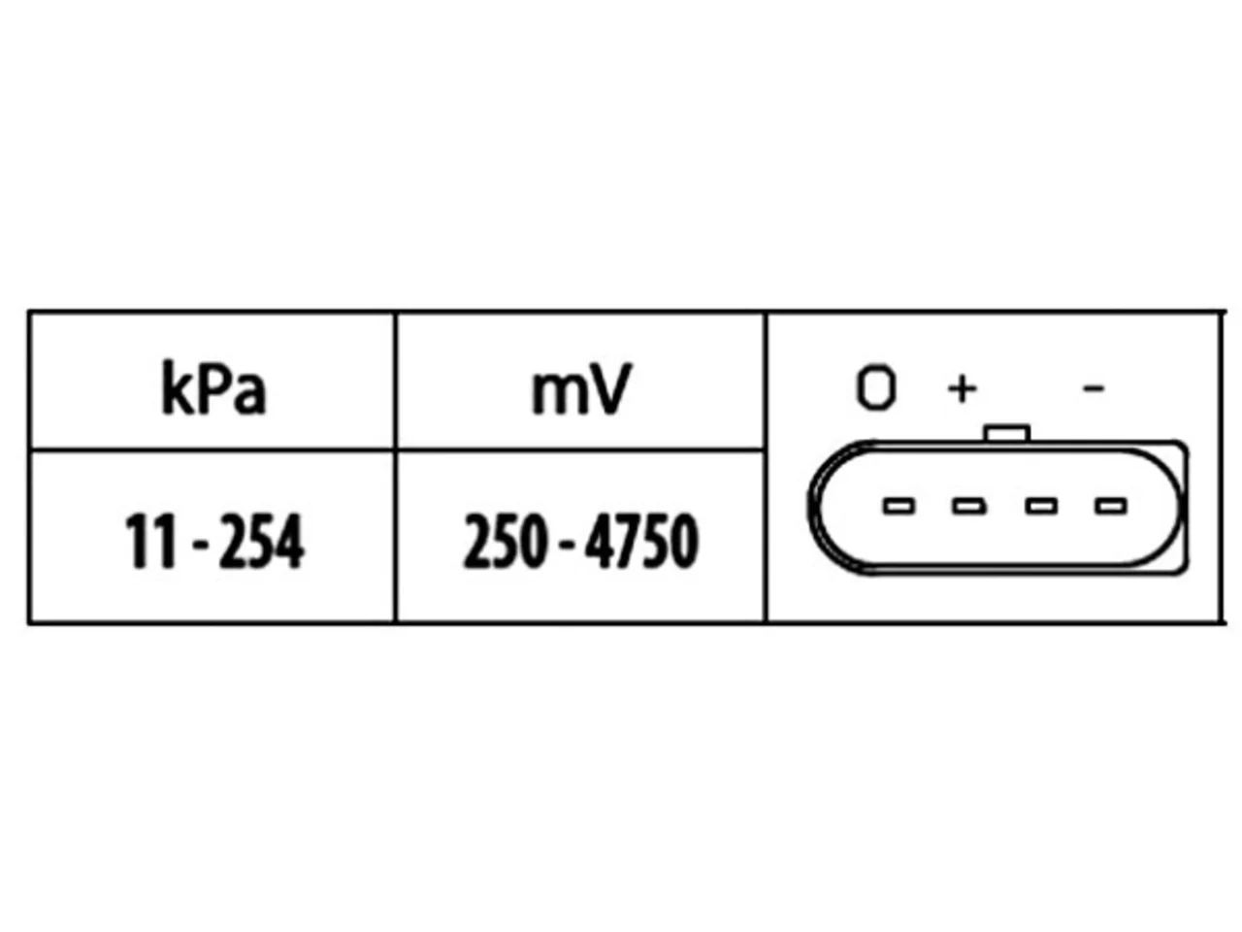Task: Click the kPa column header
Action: [x=213, y=388]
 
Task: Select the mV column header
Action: [x=581, y=389]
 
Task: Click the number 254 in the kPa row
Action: [x=262, y=541]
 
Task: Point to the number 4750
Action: [x=641, y=541]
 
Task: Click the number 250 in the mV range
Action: [x=505, y=541]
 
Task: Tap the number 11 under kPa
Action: [x=150, y=541]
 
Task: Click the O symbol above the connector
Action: [x=876, y=387]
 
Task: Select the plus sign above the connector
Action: [x=962, y=388]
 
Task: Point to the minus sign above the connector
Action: [x=1094, y=388]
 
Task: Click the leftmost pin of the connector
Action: [x=899, y=506]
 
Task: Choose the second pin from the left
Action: [x=969, y=506]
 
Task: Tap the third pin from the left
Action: [x=1041, y=506]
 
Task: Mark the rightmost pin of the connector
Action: [x=1111, y=506]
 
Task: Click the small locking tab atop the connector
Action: [x=1007, y=433]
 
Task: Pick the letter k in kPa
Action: [x=175, y=388]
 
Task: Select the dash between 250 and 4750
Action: [x=566, y=548]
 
